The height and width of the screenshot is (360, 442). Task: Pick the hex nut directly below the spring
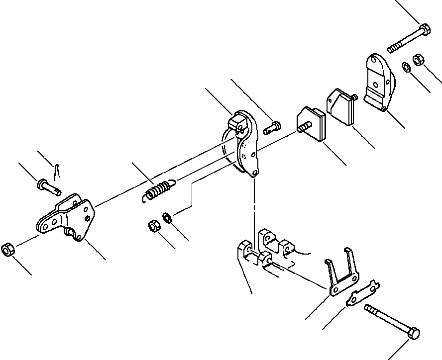point(154,227)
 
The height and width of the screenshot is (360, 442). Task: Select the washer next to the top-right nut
point(406,66)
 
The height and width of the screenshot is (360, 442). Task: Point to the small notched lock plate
point(363,296)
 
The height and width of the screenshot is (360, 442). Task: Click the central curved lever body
point(244,144)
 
